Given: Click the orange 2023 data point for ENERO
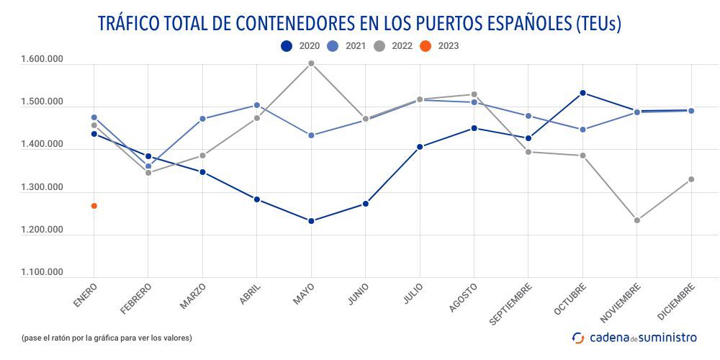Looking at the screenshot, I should (x=94, y=206).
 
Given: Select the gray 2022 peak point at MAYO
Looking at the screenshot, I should (x=311, y=63).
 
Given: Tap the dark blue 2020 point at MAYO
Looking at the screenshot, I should (x=311, y=221).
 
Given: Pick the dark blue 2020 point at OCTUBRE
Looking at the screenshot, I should (x=582, y=93).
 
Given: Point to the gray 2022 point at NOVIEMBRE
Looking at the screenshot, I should (x=637, y=220).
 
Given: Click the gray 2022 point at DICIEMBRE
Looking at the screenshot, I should (x=691, y=179).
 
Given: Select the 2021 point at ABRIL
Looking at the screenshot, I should (x=257, y=105).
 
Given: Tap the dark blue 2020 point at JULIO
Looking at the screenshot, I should (x=420, y=147).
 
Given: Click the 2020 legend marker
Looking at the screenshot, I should (x=287, y=46).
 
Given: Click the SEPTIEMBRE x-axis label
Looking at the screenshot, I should (x=510, y=302).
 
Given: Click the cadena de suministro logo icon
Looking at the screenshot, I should (x=578, y=337).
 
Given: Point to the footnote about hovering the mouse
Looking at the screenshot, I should (x=107, y=337).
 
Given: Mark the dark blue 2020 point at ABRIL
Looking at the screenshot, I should (x=257, y=199).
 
